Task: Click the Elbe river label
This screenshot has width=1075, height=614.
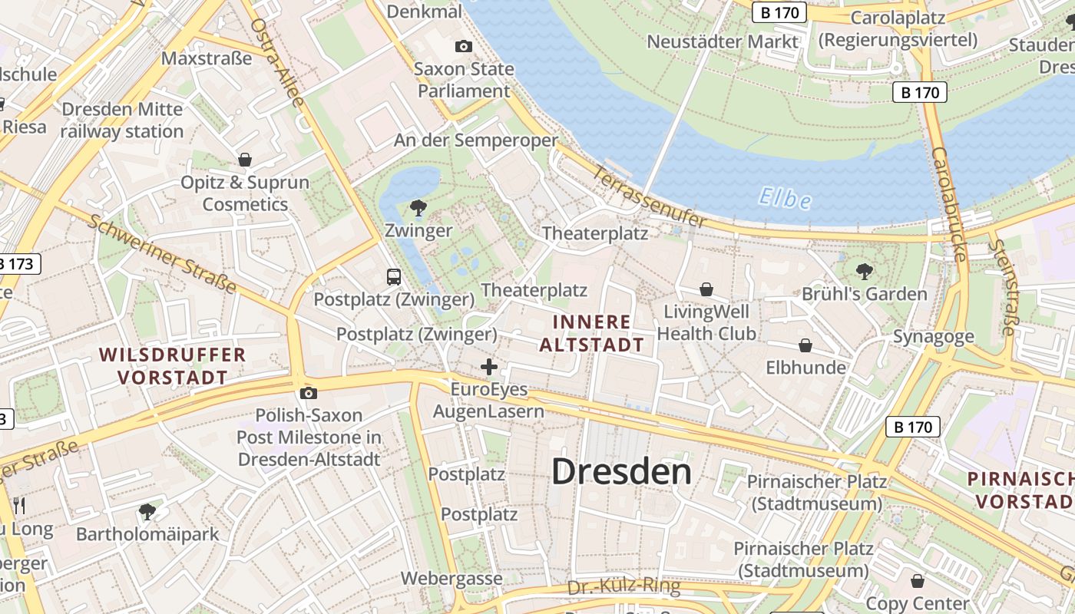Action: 785,199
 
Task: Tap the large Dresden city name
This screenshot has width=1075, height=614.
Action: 622,471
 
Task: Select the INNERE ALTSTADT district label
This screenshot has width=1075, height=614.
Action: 591,333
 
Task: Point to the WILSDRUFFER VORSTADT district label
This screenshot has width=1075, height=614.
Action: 172,366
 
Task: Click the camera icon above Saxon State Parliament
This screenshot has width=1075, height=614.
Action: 463,46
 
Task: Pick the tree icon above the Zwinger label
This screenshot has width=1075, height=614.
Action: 418,207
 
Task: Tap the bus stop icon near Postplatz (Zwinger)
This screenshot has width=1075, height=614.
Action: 394,276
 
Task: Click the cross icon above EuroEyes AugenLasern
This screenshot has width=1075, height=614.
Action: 489,367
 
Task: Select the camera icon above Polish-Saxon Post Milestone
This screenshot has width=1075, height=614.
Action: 309,393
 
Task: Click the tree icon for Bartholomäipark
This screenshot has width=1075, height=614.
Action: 147,511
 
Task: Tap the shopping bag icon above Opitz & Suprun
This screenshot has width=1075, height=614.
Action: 245,160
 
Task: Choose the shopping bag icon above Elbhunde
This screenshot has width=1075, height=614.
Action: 805,345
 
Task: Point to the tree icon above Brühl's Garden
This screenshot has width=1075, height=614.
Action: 865,271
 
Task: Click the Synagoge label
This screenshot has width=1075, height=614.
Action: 933,336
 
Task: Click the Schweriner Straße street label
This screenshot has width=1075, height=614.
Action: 161,254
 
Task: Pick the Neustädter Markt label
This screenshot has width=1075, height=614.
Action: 723,41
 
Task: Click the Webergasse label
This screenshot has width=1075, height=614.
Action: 451,578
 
